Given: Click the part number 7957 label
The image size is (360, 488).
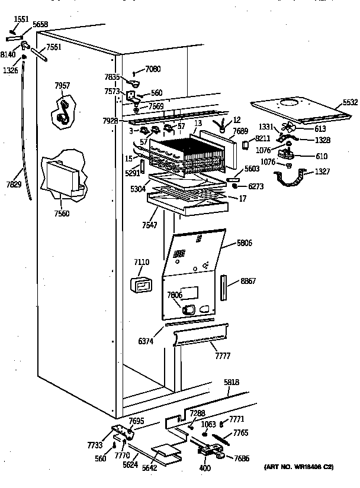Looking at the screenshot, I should click(62, 86).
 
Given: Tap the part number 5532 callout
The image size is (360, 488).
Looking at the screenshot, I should click(350, 103).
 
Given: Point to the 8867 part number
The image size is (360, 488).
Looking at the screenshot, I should click(248, 282).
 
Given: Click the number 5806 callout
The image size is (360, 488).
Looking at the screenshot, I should click(244, 242).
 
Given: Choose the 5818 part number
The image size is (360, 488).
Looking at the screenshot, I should click(232, 383).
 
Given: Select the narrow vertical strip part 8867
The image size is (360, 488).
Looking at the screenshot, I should click(224, 287).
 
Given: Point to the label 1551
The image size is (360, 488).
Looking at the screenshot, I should click(21, 20).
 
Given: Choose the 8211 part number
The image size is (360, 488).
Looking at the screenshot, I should click(263, 138).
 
